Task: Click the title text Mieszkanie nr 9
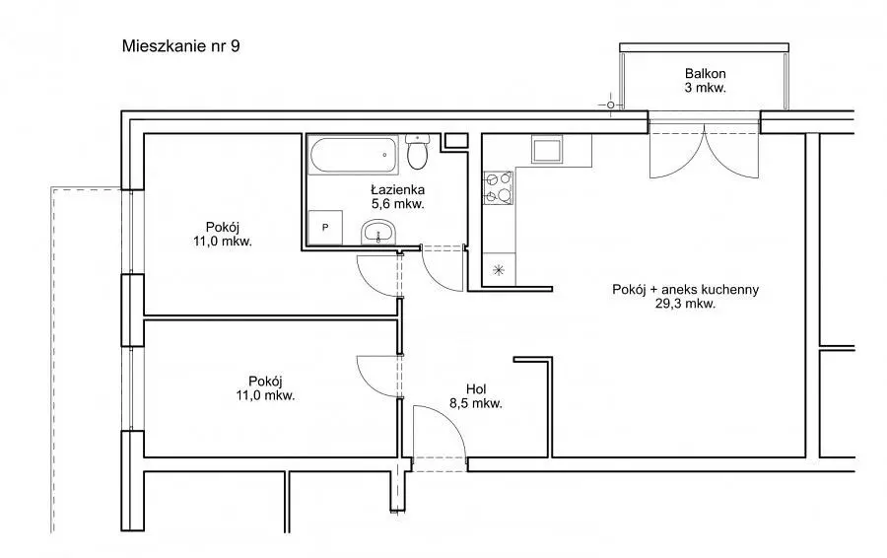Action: coord(180,45)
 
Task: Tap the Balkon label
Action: coord(705,74)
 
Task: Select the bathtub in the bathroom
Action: coord(353,155)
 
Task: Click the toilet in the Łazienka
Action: coord(418,152)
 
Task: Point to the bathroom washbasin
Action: coord(377,232)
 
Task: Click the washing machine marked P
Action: coord(325,228)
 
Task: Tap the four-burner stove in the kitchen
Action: coord(499,187)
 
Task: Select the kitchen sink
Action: coord(546,150)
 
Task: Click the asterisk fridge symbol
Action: coord(499,270)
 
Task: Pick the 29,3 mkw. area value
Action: coord(686,304)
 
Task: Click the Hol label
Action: coord(476,389)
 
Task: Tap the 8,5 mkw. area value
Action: coord(476,403)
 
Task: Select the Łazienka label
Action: coord(398,189)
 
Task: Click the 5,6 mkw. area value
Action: coord(398,204)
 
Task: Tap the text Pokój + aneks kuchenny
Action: coord(686,289)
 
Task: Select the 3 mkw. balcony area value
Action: coord(705,88)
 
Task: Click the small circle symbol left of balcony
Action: coord(610,105)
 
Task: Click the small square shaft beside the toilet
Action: coord(455,141)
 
